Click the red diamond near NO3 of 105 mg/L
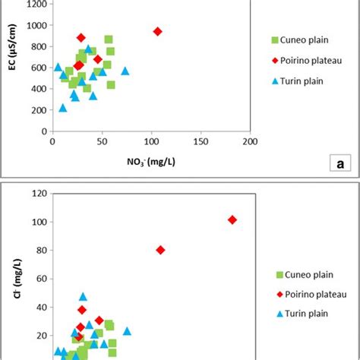point(157,31)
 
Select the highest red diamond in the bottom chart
point(232,219)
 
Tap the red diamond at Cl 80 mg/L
point(160,250)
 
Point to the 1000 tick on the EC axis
point(34,26)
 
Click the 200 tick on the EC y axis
point(36,110)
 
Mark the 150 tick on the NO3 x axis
point(201,141)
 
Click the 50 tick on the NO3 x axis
point(101,141)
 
